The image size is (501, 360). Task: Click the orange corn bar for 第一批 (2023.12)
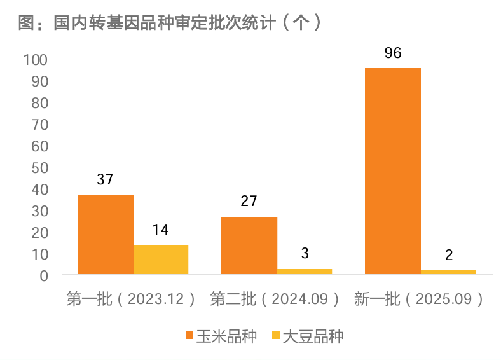(106, 235)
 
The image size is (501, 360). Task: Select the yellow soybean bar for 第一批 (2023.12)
(161, 260)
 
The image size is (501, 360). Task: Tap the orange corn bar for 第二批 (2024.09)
(249, 246)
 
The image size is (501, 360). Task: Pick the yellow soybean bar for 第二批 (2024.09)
(305, 272)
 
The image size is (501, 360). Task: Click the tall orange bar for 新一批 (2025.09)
(393, 171)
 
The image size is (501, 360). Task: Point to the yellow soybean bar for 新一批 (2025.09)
(448, 272)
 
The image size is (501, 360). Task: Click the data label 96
(393, 53)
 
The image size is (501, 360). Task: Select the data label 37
(105, 180)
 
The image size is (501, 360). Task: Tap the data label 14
(160, 230)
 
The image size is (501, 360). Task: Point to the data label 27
(249, 202)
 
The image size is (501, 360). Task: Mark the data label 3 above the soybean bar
(305, 254)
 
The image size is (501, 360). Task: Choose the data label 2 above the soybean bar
(449, 256)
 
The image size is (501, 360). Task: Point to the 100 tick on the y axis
(36, 60)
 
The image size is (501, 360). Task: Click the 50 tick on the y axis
(39, 168)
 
